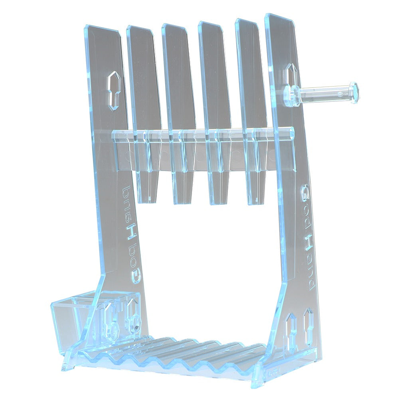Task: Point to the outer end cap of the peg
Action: point(354,93)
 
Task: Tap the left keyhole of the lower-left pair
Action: point(113,321)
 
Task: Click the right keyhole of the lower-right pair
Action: point(308,325)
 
